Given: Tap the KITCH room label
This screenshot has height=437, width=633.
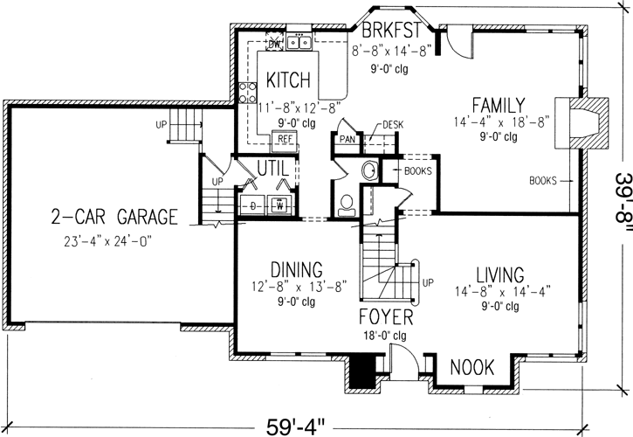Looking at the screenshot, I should point(288,81).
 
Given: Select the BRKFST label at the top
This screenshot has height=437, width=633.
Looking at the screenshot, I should point(388,30).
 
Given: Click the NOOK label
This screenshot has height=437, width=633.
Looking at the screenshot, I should point(472,367).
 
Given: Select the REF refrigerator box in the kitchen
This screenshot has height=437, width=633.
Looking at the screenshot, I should point(285,138).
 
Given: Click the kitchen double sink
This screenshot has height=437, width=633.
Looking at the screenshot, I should point(299,42).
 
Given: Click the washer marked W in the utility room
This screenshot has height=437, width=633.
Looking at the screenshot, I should point(280,206).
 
